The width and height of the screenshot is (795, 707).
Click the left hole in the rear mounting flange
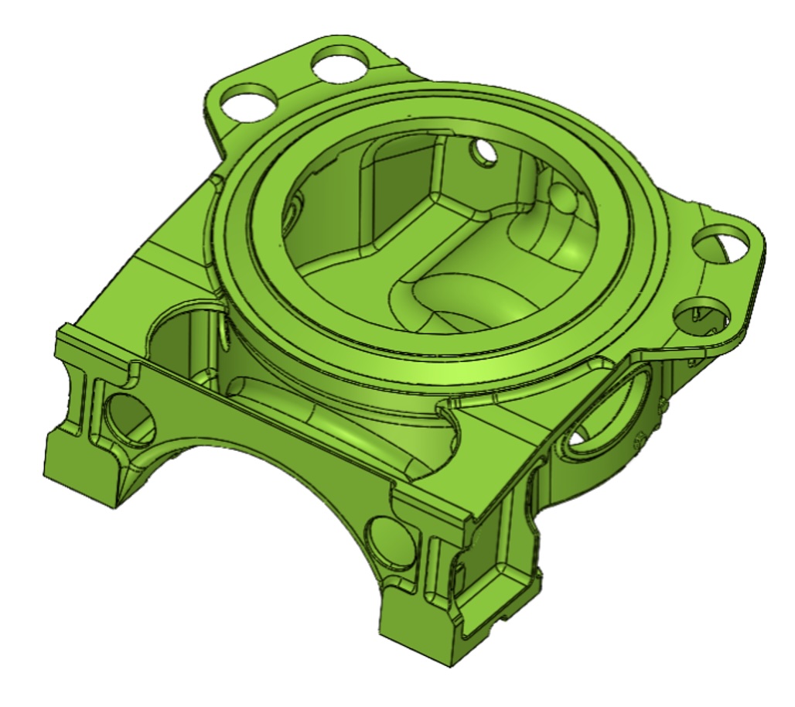[x=250, y=101]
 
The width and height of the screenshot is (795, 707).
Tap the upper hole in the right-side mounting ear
[x=720, y=245]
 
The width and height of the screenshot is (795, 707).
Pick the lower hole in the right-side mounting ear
[x=701, y=316]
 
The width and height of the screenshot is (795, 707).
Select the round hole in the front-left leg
[x=126, y=418]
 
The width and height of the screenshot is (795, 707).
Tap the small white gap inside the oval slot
[x=577, y=439]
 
